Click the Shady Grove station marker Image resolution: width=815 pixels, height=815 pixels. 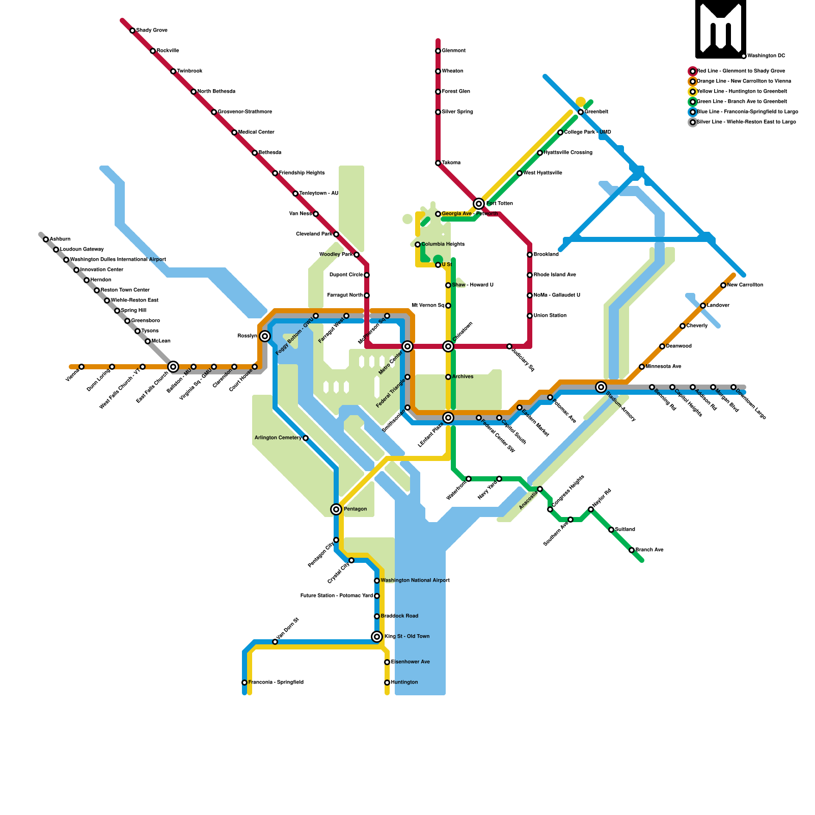coord(132,31)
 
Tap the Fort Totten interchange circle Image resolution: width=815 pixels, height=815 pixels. coord(479,204)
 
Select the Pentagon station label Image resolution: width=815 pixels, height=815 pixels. coord(355,509)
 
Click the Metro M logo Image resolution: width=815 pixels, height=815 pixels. coord(721,29)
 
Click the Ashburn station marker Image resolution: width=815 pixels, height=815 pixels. coord(46,239)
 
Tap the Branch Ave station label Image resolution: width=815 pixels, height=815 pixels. coord(649,550)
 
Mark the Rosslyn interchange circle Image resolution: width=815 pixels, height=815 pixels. coord(265,336)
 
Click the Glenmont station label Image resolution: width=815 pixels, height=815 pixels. coord(453,51)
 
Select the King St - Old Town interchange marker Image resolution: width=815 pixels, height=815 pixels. coord(377,637)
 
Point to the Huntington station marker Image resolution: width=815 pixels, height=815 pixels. coord(387,683)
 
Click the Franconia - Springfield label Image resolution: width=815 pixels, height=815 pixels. coord(276,683)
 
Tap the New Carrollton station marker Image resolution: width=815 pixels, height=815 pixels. coord(723,285)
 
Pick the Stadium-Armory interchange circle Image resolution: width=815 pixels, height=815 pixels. coord(601,387)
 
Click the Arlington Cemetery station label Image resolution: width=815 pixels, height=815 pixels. coord(278,438)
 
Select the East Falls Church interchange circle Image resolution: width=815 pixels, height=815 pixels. coord(173,367)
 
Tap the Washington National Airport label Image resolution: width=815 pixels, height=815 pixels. coord(415,581)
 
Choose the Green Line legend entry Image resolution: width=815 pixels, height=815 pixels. coord(741,102)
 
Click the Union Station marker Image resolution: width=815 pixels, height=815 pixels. coord(530,316)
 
